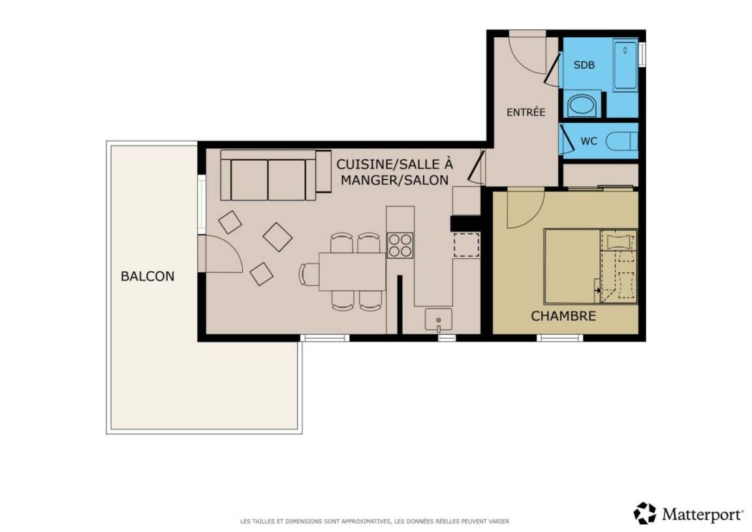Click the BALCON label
click(148, 276)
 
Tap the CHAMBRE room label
click(563, 316)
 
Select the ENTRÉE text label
click(525, 112)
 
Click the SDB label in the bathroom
click(584, 65)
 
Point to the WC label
click(588, 141)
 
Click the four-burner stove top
click(400, 245)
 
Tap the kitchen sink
click(439, 320)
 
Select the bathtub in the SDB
click(625, 66)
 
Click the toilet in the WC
click(621, 142)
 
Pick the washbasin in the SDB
click(582, 105)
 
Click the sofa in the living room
click(275, 175)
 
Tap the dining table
click(352, 272)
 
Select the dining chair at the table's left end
click(309, 274)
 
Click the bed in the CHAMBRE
click(590, 267)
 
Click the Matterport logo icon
click(644, 513)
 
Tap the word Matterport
click(702, 515)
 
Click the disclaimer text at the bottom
click(375, 521)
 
